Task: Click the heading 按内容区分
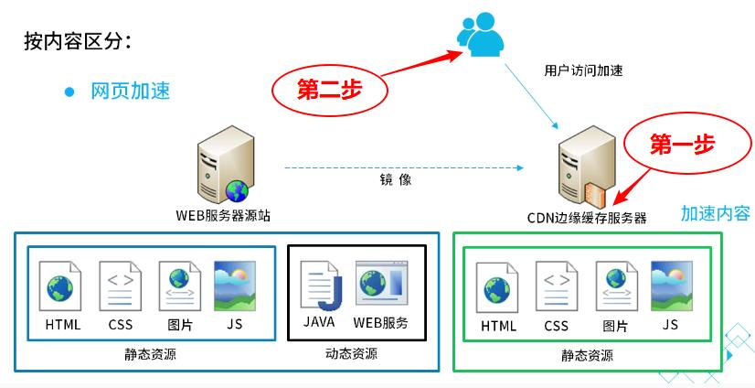point(77,42)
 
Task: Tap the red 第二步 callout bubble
point(329,90)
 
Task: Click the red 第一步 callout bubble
point(680,144)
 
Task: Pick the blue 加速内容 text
point(715,213)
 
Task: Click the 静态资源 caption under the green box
point(587,356)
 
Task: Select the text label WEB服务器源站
point(223,216)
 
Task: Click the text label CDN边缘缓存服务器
point(587,217)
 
